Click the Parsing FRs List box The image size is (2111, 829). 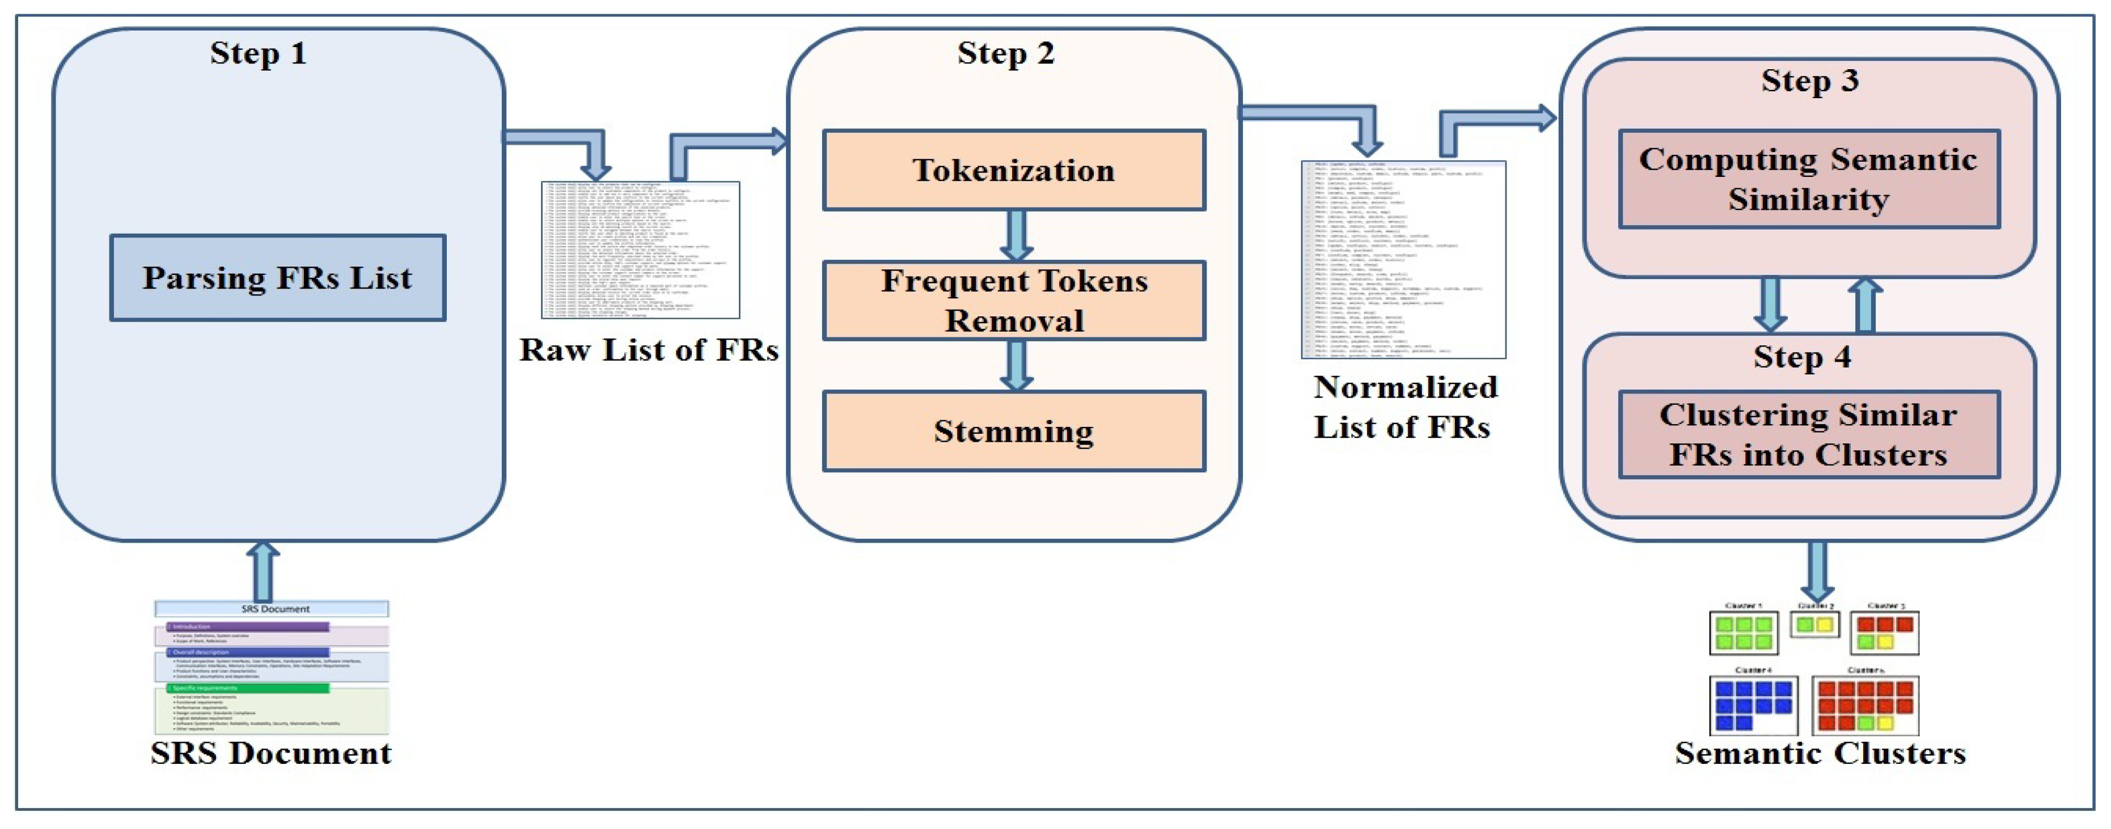tap(278, 278)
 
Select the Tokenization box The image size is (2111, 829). tap(1014, 170)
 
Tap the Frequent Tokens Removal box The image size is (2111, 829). tap(1014, 300)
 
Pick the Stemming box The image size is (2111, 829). tap(1014, 431)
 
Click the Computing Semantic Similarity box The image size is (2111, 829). tap(1809, 179)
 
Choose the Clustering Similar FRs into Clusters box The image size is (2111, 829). tap(1809, 434)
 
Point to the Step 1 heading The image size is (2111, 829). tap(258, 53)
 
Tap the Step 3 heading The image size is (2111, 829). tap(1809, 81)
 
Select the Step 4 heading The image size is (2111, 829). tap(1802, 357)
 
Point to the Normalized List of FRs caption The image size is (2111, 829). tap(1404, 407)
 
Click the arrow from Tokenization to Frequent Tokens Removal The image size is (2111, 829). tap(1016, 235)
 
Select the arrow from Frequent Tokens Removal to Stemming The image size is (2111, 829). tap(1016, 365)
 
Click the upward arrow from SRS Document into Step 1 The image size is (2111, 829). tap(263, 571)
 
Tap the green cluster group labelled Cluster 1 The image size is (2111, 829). tap(1743, 632)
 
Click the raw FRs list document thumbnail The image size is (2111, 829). tap(640, 250)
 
